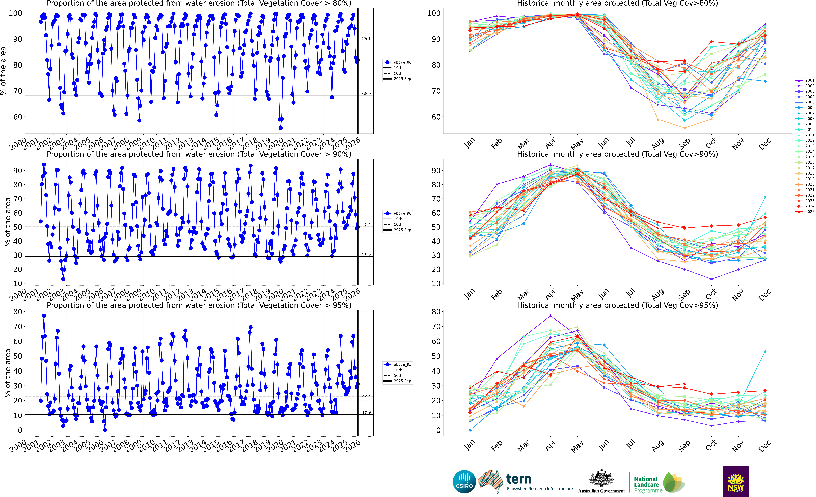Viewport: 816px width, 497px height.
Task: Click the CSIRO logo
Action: point(464,481)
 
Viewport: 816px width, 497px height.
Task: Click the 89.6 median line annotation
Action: point(367,38)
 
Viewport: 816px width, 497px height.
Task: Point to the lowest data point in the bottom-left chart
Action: point(105,430)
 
